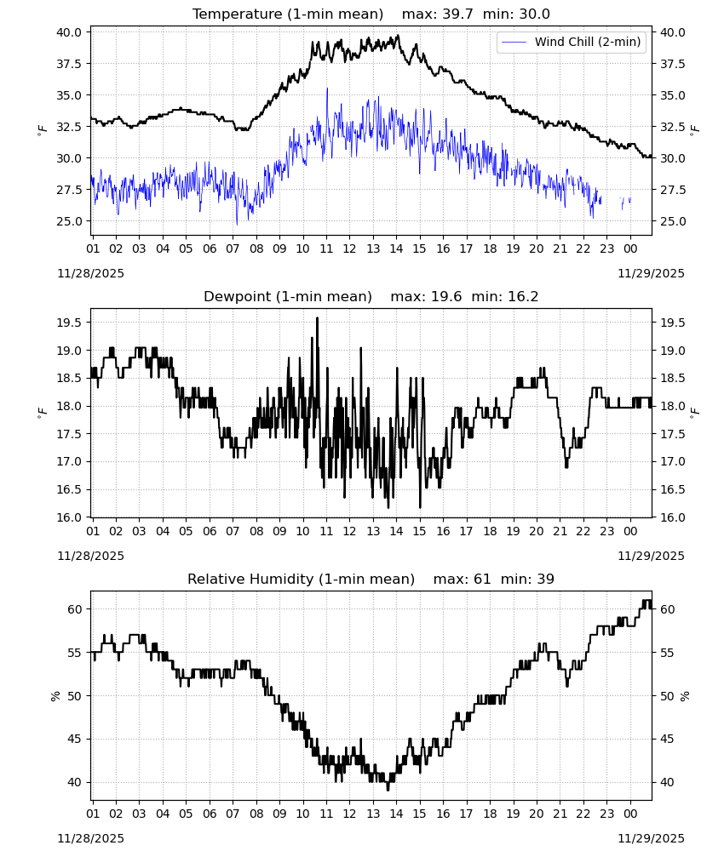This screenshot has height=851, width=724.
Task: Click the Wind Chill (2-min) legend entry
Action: [572, 42]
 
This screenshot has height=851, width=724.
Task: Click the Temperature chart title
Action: [371, 14]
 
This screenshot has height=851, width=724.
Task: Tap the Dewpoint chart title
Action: [371, 296]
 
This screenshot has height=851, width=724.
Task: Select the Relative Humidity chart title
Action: [371, 579]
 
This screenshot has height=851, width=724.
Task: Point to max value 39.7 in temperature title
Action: [437, 14]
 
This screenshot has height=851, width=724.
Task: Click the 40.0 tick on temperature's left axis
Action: [69, 32]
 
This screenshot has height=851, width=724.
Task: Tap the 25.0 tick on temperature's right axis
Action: [673, 221]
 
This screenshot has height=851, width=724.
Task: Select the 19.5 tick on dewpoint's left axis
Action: [69, 323]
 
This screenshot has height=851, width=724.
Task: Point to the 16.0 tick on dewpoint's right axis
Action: [673, 517]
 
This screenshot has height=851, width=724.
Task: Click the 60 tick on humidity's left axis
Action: [75, 609]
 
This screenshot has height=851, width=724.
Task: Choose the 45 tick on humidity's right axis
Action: [668, 739]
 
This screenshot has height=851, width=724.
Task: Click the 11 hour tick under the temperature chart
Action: [326, 248]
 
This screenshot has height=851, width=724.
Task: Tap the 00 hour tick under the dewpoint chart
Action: [630, 531]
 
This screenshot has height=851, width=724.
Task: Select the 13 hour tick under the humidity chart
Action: [372, 814]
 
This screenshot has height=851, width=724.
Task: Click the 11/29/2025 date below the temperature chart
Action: [651, 273]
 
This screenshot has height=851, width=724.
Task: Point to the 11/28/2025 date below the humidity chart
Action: [90, 838]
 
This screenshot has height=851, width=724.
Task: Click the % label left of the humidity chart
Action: [55, 696]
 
